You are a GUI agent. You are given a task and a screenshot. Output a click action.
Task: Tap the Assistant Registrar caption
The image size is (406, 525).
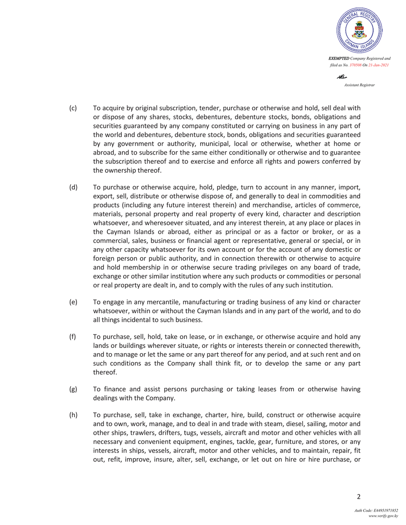pos(359,84)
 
